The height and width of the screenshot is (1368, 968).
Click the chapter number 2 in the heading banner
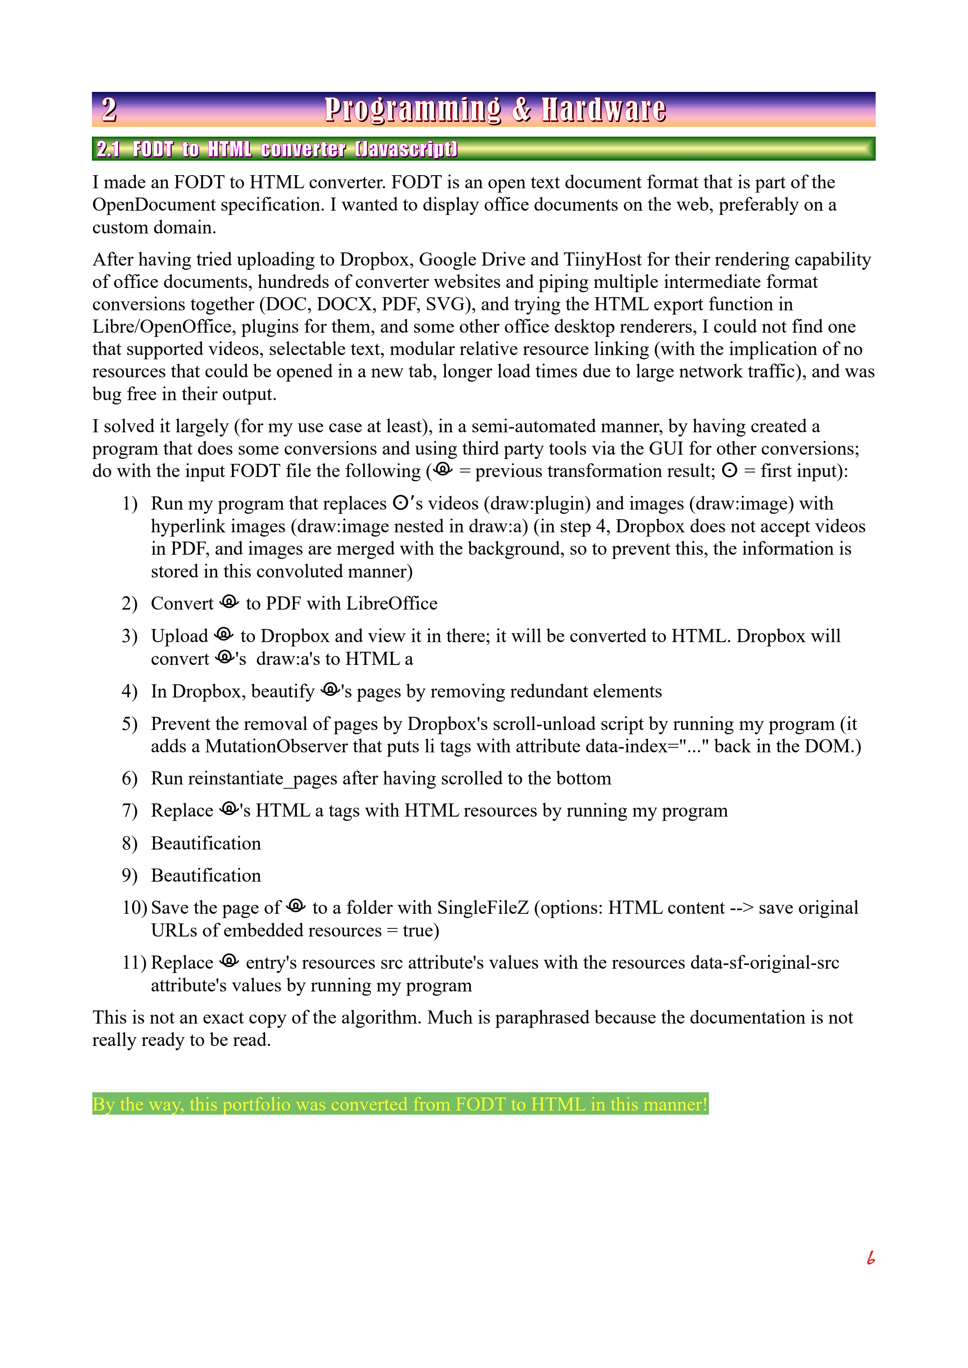pos(109,110)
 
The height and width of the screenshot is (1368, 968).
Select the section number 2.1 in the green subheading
pos(108,149)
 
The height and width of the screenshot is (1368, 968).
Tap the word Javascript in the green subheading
pos(406,149)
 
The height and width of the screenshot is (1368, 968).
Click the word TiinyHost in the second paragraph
pos(603,260)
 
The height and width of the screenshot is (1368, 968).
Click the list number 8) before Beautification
pos(129,844)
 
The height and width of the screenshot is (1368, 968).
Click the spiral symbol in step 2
pos(229,602)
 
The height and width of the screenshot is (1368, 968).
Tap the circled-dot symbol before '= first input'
pos(729,471)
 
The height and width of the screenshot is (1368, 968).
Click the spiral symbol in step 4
pos(330,690)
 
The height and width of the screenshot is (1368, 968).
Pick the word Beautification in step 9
pos(206,876)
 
